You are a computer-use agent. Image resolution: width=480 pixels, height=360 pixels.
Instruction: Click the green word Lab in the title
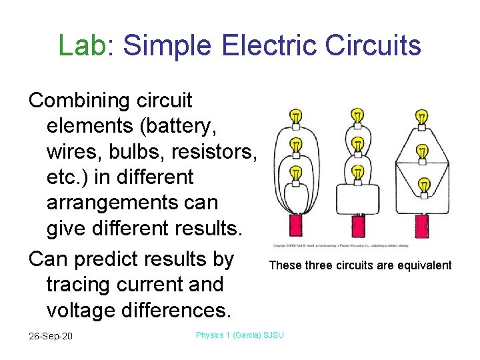[82, 45]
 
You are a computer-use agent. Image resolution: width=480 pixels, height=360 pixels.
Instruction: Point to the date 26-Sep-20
[51, 335]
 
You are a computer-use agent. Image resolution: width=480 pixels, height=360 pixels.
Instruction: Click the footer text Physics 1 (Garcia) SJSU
[239, 335]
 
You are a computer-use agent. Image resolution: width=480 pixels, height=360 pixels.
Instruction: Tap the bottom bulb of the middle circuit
[357, 175]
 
